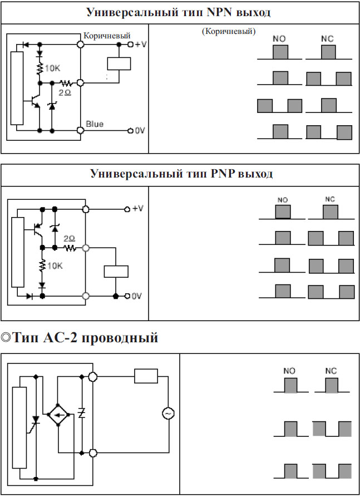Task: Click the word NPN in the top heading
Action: (219, 12)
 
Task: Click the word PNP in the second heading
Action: (222, 174)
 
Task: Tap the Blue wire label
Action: (95, 124)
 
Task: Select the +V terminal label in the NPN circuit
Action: (141, 44)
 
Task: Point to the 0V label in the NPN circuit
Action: (140, 130)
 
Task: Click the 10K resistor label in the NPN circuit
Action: (52, 68)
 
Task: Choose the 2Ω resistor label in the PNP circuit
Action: (69, 238)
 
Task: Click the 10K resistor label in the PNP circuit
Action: (55, 265)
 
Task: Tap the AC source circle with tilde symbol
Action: (168, 414)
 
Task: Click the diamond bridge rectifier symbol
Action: (58, 414)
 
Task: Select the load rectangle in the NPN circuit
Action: (119, 63)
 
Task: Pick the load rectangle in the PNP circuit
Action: (116, 272)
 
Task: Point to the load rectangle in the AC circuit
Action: (146, 376)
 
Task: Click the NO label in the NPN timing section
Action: (279, 38)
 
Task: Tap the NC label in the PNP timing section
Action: (330, 199)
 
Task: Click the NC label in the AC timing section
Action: (331, 371)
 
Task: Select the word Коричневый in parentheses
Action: (229, 31)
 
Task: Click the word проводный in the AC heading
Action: (120, 338)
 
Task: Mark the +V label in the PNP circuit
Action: (138, 208)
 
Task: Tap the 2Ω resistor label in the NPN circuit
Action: (65, 92)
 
